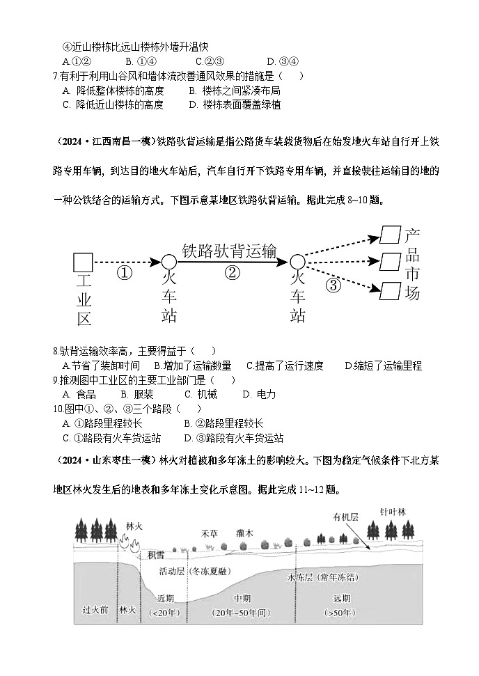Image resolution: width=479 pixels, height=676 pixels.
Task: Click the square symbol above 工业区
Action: tap(83, 262)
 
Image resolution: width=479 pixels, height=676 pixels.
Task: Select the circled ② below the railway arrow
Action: tap(233, 273)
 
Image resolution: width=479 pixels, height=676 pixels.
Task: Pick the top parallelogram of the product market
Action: tap(390, 235)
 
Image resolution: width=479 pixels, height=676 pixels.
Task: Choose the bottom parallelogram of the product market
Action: tap(390, 288)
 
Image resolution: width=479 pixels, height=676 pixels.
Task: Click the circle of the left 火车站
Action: tap(168, 262)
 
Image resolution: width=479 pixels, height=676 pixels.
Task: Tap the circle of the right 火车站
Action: tap(297, 262)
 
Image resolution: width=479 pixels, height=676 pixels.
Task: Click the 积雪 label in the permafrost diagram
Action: tap(156, 555)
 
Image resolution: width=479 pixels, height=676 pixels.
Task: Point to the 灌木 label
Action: tap(244, 533)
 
